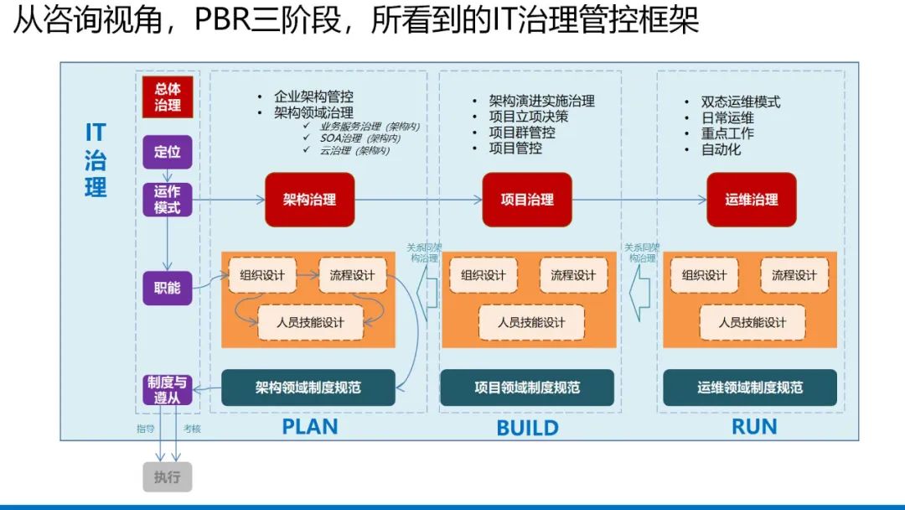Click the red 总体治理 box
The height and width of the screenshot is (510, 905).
point(168,97)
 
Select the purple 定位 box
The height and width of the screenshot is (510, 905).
point(168,152)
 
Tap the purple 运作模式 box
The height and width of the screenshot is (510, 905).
point(168,200)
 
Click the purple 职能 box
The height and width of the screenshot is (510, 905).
point(168,287)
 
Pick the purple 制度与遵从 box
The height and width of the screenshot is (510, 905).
point(168,390)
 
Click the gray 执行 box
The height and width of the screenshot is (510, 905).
point(167,477)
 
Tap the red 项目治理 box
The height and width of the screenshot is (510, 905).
point(527,200)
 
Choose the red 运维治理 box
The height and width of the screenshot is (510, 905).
point(751,200)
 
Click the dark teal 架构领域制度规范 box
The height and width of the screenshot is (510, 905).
point(308,388)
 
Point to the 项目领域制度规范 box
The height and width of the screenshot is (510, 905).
point(527,388)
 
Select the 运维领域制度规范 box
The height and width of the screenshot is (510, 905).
point(750,388)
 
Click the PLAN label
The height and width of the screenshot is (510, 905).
point(309,426)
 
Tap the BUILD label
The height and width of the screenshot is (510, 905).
point(527,428)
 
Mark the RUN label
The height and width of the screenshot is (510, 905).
point(754,426)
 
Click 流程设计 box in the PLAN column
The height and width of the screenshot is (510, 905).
point(352,275)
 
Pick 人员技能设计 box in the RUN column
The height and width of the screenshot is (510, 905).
point(752,322)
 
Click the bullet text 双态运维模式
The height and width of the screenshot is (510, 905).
point(741,101)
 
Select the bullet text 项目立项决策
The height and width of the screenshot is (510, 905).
point(529,117)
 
